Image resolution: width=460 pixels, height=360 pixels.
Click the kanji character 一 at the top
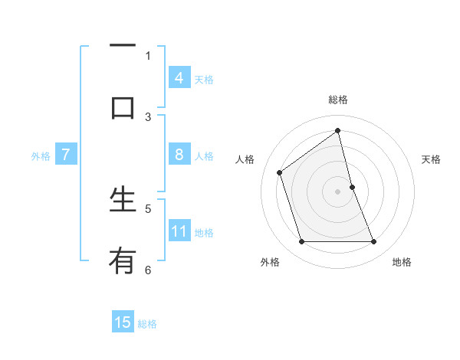click(x=123, y=46)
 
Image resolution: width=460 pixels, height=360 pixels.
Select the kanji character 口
click(x=123, y=108)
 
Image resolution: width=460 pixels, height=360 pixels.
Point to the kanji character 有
click(x=123, y=261)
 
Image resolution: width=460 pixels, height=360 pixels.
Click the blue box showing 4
click(x=179, y=78)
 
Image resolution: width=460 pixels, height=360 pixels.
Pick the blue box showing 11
click(x=179, y=231)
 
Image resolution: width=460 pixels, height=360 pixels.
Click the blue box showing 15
click(x=123, y=322)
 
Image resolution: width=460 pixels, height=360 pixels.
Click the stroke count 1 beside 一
click(x=148, y=55)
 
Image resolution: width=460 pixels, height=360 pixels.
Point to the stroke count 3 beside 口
click(x=148, y=117)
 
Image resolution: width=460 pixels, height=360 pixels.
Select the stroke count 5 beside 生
click(x=148, y=208)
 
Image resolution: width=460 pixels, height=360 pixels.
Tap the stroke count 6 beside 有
click(x=148, y=270)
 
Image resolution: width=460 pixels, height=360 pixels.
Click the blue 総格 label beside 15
click(x=147, y=324)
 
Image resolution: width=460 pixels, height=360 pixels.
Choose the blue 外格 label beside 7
click(x=41, y=156)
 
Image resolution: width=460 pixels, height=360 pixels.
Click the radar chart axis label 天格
click(x=431, y=159)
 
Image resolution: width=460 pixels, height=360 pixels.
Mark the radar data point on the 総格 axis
click(x=338, y=131)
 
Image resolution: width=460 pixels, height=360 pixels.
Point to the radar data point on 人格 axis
click(x=280, y=172)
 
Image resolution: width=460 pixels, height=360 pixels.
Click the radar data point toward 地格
click(x=374, y=242)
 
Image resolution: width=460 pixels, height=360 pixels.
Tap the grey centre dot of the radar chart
click(x=338, y=191)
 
